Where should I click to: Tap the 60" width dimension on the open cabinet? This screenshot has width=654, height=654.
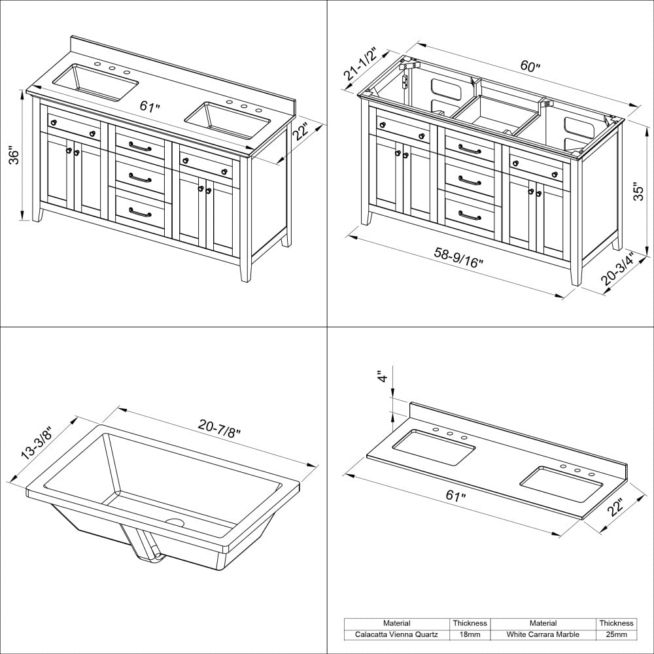pos(530,67)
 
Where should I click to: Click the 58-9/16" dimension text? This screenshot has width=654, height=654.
pos(457,258)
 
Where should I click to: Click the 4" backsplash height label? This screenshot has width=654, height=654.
pos(382,377)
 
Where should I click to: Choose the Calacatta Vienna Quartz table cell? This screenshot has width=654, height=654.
pos(397,634)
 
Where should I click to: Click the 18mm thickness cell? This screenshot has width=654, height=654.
pos(470,634)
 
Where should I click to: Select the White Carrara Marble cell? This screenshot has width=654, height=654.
pos(543,634)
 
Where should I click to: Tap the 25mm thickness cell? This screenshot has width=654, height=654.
pos(615,634)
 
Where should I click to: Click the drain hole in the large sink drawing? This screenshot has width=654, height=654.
pos(175,523)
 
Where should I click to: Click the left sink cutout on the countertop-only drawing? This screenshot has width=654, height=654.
pos(434,447)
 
